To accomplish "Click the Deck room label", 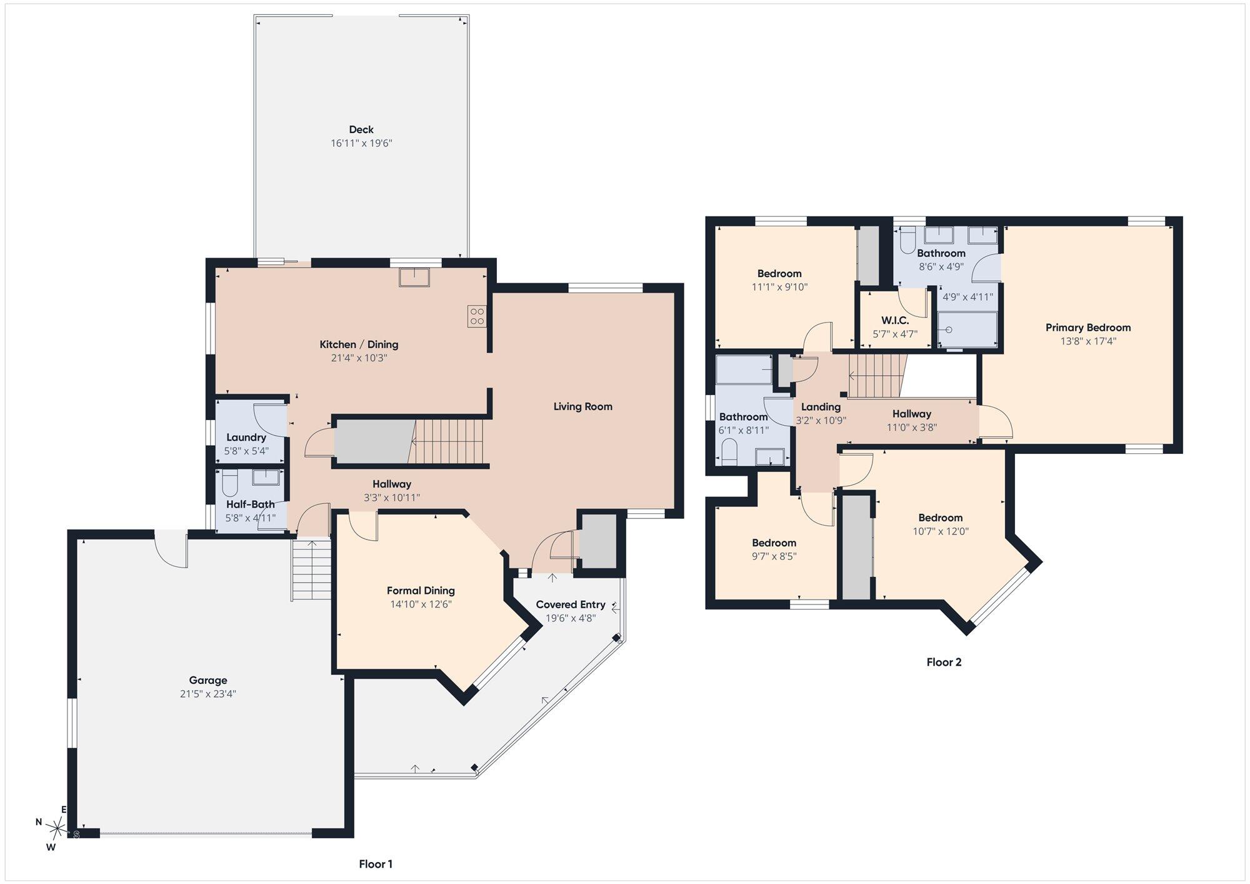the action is point(361,129).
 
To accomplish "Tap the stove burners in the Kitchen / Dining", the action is point(476,316).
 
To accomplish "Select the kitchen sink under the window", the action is point(414,277).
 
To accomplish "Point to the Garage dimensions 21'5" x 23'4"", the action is point(208,694).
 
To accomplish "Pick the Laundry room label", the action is point(246,438).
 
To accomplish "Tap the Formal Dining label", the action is point(421,591).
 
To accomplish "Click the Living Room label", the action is point(582,406).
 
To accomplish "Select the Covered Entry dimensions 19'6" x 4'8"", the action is point(571,618).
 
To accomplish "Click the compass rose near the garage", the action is point(58,829).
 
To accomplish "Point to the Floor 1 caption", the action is point(376,864).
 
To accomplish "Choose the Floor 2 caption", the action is point(944,662).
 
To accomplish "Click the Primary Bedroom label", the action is point(1088,328).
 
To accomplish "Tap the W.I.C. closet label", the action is point(895,321).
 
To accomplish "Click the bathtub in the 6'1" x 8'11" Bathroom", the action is point(744,369).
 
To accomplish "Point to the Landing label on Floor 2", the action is point(821,407).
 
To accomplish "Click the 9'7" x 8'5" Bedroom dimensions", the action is point(774,556).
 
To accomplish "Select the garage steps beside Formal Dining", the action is point(311,570).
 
